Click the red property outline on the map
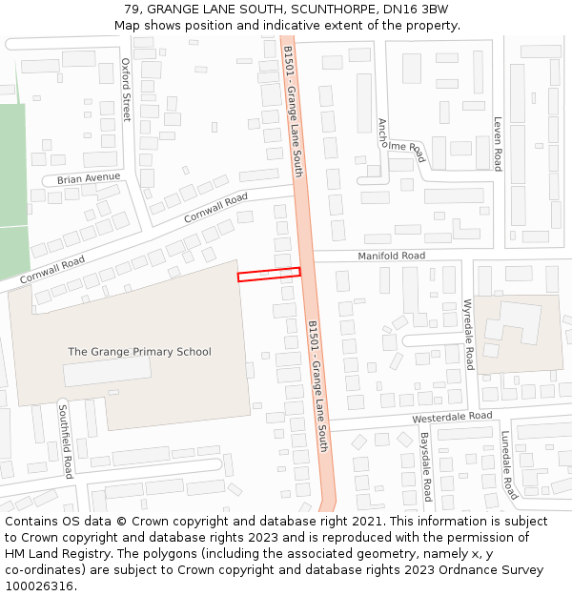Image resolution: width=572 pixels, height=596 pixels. pyautogui.click(x=269, y=275)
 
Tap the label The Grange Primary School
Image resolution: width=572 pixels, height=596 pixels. pyautogui.click(x=139, y=352)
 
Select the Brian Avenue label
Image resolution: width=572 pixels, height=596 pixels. pyautogui.click(x=89, y=178)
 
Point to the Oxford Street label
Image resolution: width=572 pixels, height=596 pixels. pyautogui.click(x=126, y=90)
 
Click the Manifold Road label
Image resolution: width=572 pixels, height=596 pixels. pyautogui.click(x=391, y=257)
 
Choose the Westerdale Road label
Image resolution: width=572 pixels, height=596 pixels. pyautogui.click(x=452, y=418)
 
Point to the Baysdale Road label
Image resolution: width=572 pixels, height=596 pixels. pyautogui.click(x=426, y=466)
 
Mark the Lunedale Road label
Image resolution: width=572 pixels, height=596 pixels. pyautogui.click(x=509, y=464)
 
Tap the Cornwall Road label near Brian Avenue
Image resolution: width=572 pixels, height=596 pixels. pyautogui.click(x=215, y=207)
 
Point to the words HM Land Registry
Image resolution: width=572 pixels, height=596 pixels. pyautogui.click(x=55, y=554)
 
